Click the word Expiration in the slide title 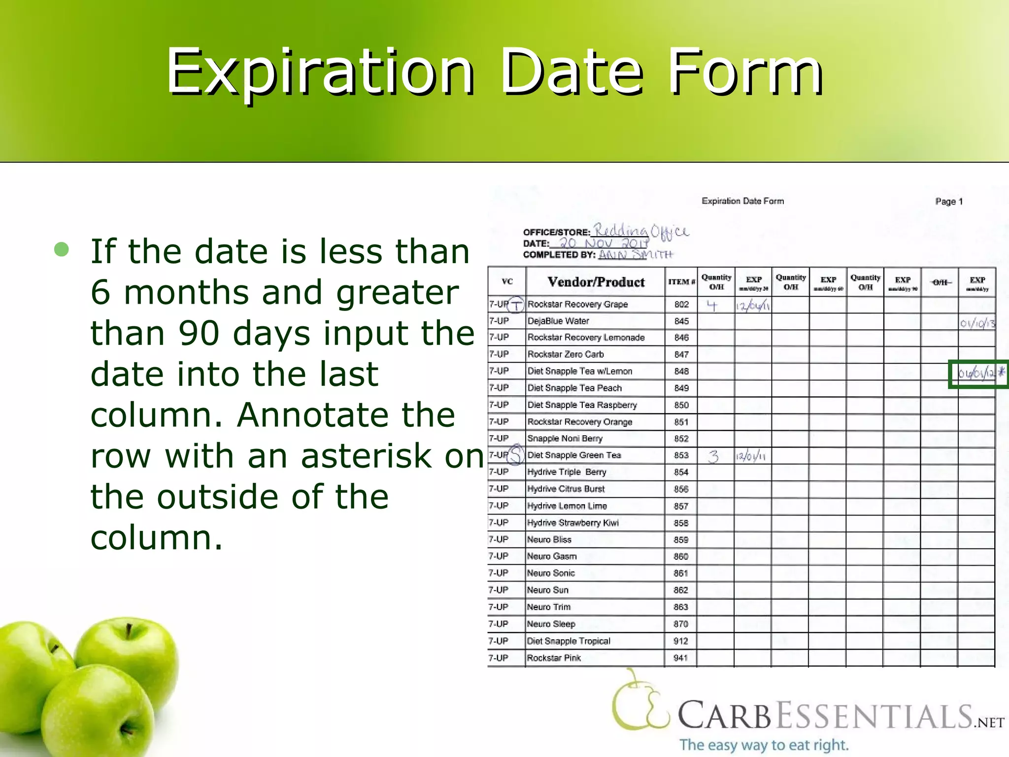click(319, 71)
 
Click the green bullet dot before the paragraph click(62, 249)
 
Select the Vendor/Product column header click(596, 282)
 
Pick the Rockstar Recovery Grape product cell click(577, 305)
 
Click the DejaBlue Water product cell click(558, 321)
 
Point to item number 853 click(681, 455)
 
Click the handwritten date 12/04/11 click(753, 306)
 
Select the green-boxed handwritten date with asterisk click(977, 374)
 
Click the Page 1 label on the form click(948, 202)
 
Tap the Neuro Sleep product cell click(551, 624)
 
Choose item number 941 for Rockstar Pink click(680, 658)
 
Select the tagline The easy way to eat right click(764, 745)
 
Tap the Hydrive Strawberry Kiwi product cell click(572, 523)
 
